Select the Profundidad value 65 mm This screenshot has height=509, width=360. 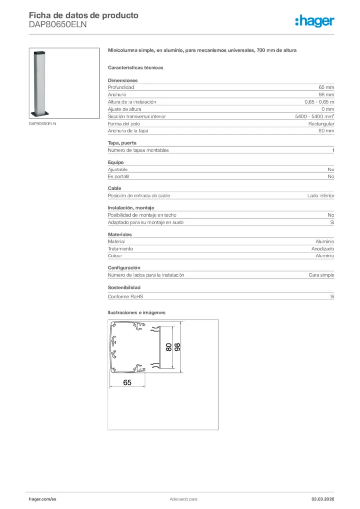[x=326, y=87]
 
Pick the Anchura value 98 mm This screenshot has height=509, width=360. [x=326, y=94]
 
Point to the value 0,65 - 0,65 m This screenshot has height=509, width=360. [x=319, y=102]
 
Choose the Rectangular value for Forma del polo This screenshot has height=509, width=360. [x=321, y=124]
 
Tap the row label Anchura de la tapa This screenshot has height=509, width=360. [x=128, y=131]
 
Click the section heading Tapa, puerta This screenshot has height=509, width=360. [x=122, y=143]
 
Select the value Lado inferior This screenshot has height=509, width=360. [x=321, y=196]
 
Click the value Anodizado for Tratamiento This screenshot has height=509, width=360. [x=323, y=249]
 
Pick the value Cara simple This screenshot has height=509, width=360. [x=321, y=275]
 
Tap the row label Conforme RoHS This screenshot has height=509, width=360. [x=125, y=297]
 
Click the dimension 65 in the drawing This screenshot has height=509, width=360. [x=127, y=383]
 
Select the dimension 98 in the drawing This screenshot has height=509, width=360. [x=178, y=347]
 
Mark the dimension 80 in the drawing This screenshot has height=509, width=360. [x=169, y=347]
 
